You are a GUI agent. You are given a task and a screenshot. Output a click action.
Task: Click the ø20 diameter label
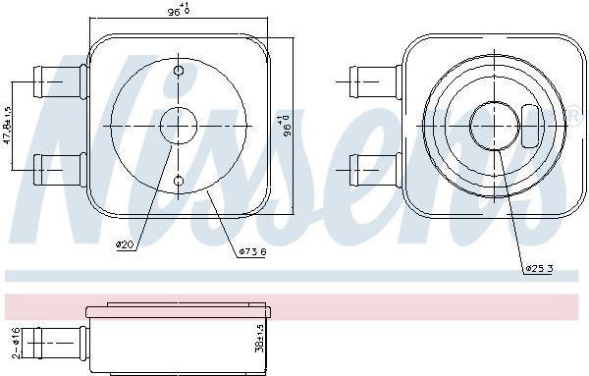click(125, 245)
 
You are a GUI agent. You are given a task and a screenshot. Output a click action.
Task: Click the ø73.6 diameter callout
click(252, 252)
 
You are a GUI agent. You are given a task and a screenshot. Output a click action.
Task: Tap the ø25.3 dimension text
click(539, 269)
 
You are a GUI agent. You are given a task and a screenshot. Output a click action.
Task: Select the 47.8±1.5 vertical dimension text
click(8, 126)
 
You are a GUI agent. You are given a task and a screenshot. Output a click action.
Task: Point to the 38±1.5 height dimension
click(259, 338)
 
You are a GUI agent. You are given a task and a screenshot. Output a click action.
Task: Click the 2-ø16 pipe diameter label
click(16, 343)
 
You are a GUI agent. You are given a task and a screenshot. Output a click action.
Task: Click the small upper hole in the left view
click(179, 71)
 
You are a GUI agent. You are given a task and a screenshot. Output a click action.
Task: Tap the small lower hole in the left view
click(179, 181)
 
